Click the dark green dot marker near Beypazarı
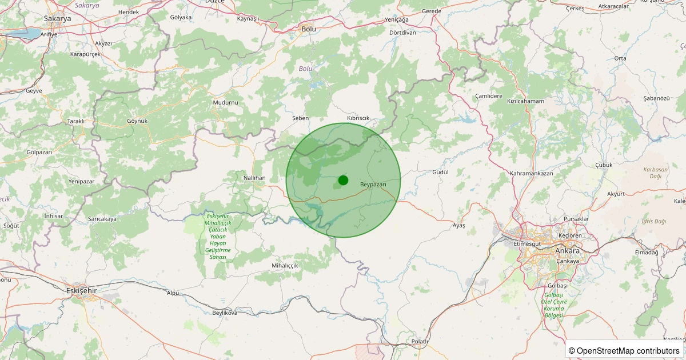point(343,180)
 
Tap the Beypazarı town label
point(373,185)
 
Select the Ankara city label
point(567,251)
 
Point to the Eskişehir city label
point(82,290)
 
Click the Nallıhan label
point(255,178)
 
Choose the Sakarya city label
point(57,18)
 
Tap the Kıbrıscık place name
point(358,118)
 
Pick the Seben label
point(300,118)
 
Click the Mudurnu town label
point(225,102)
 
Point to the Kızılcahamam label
point(525,101)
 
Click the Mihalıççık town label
point(285,266)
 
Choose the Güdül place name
point(440,172)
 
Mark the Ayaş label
point(458,226)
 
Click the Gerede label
point(432,11)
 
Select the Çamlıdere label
point(489,96)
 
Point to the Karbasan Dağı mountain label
point(655,173)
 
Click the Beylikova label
point(225,313)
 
